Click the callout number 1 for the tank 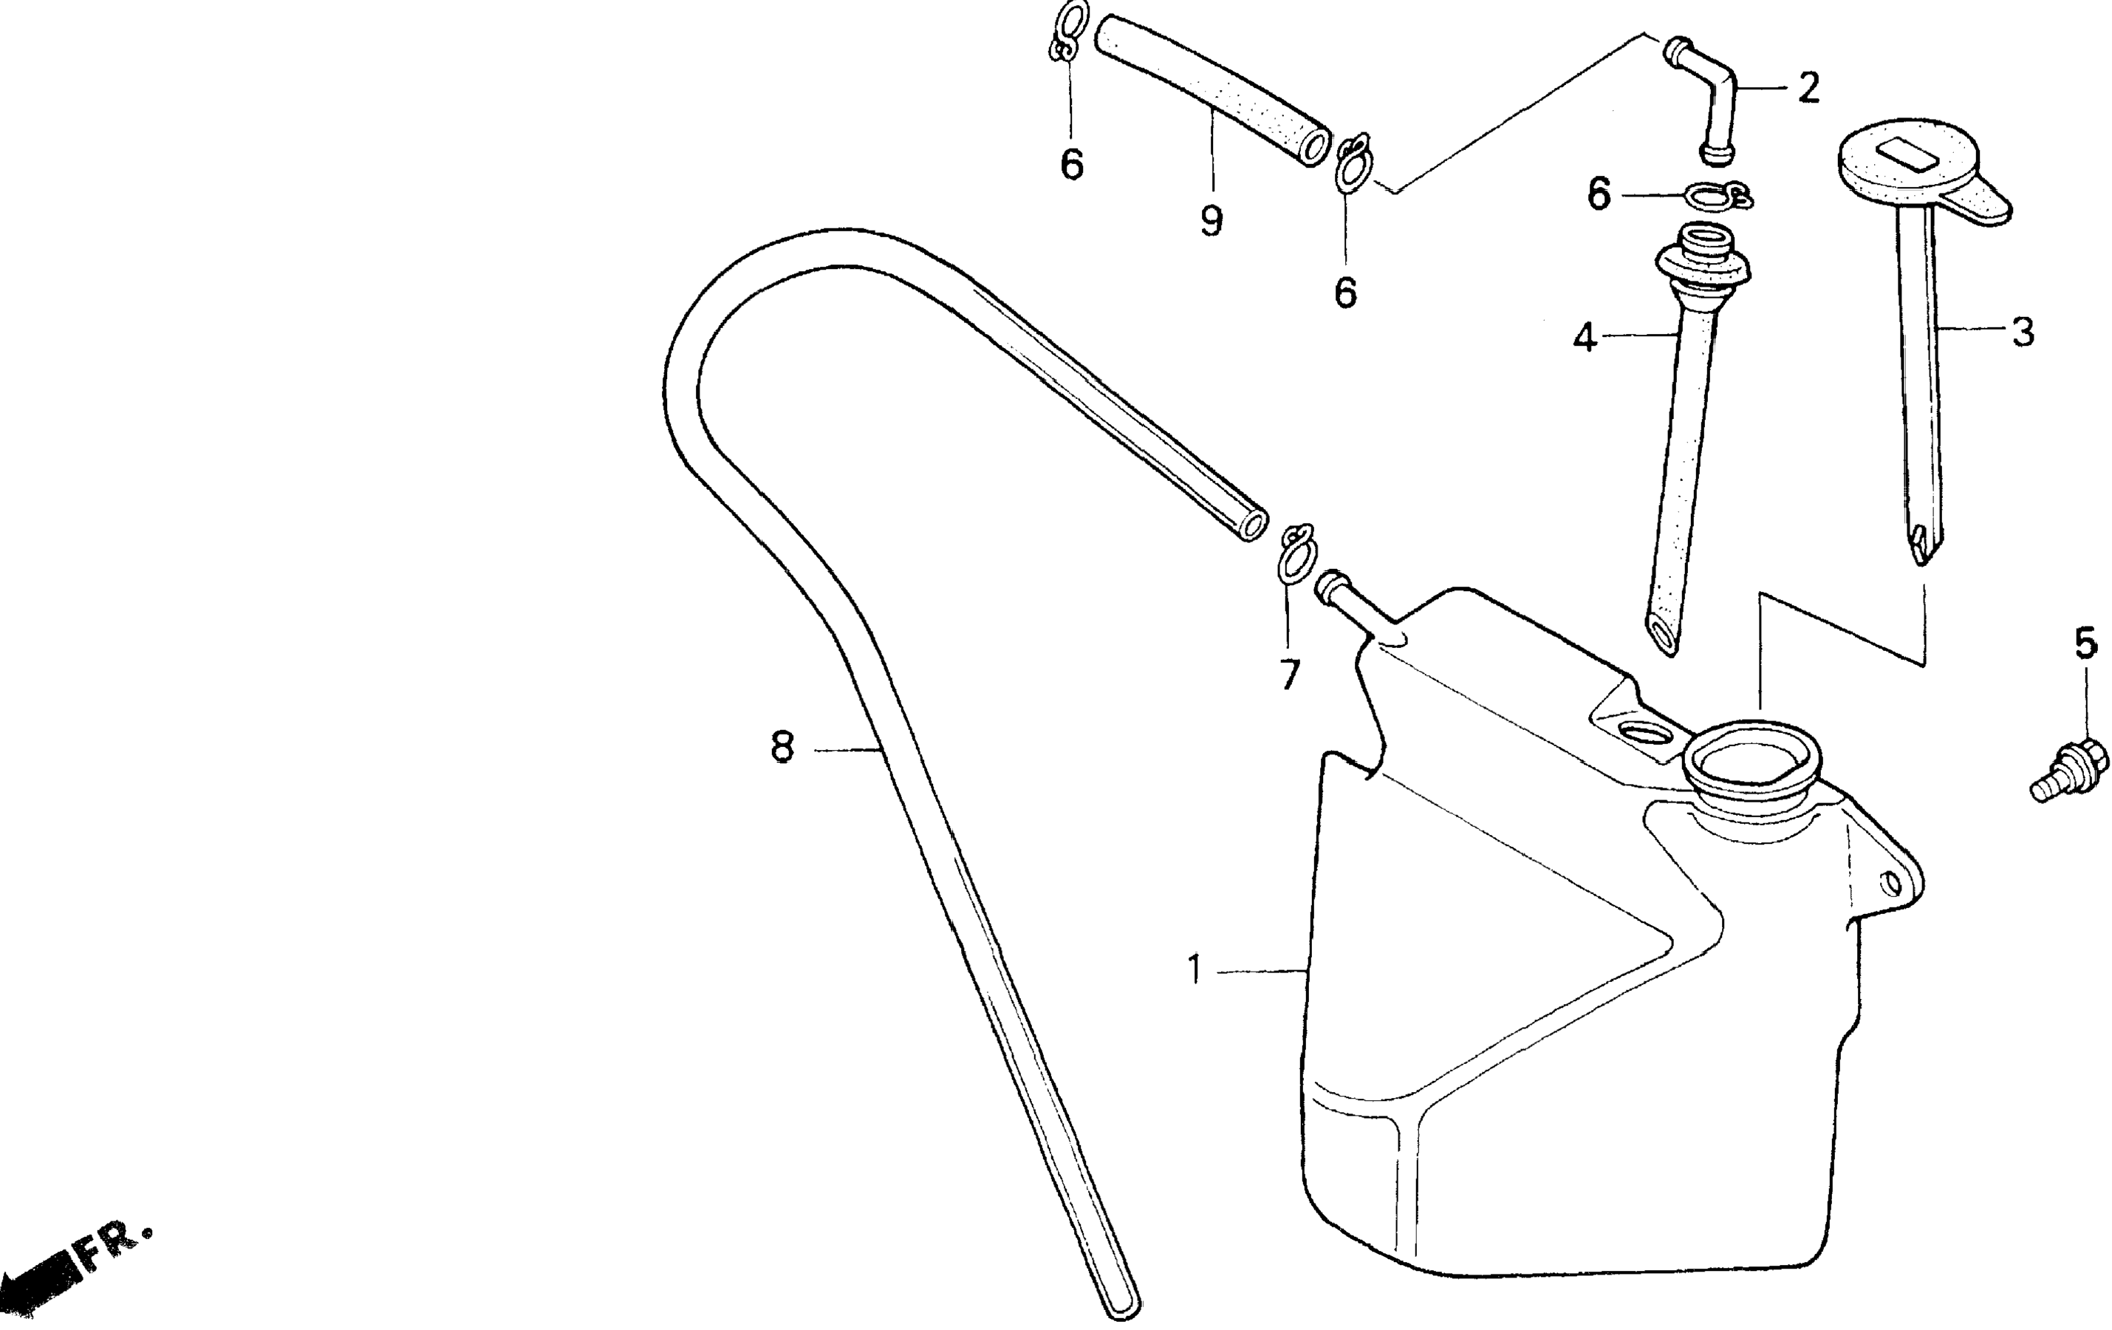pos(1194,970)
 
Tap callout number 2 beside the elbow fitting pos(1808,88)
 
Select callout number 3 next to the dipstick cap pos(2022,332)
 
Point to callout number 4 pos(1584,337)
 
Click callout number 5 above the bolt pos(2085,643)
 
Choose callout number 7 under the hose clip pos(1288,674)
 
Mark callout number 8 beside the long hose pos(782,748)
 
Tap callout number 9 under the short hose pos(1212,220)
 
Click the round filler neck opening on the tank pos(1752,759)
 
